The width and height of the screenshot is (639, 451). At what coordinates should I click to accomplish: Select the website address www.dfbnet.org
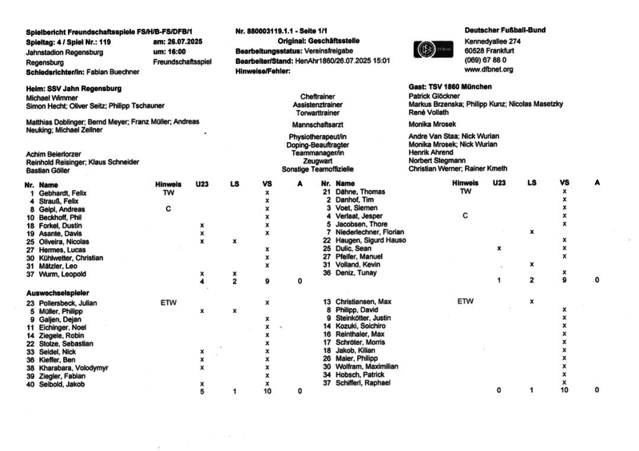click(x=488, y=69)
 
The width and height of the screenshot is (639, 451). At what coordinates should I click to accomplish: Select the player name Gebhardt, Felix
click(x=63, y=193)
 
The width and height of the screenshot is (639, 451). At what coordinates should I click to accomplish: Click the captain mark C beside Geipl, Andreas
click(x=168, y=209)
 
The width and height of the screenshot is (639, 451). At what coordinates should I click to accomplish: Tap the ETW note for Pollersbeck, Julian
click(x=169, y=303)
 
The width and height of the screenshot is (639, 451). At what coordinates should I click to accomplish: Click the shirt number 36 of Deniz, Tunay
click(x=327, y=272)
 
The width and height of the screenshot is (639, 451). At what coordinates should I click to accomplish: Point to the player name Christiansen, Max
click(x=364, y=302)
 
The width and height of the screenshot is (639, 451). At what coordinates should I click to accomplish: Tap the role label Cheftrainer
click(x=318, y=96)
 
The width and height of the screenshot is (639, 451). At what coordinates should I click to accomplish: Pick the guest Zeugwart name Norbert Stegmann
click(x=433, y=160)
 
